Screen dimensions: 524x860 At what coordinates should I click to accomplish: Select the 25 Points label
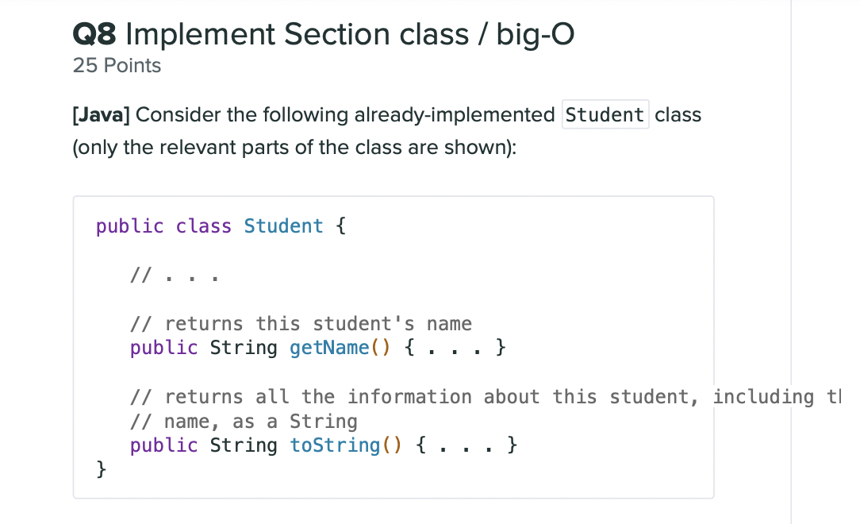(117, 66)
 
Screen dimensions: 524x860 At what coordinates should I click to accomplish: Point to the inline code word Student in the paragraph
(605, 115)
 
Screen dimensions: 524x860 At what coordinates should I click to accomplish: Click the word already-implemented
(454, 115)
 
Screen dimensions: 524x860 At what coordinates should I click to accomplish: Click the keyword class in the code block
(204, 226)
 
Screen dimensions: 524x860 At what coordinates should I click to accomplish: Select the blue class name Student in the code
(283, 226)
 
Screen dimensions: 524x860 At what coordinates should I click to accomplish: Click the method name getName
(329, 348)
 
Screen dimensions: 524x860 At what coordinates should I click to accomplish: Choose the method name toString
(335, 445)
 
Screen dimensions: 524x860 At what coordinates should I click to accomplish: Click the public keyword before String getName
(163, 348)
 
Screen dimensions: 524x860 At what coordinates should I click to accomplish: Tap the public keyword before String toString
(163, 445)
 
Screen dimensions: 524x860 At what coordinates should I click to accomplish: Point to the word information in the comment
(410, 397)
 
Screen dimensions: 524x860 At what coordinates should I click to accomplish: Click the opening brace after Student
(340, 226)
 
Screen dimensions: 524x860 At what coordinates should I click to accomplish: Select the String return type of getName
(244, 348)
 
